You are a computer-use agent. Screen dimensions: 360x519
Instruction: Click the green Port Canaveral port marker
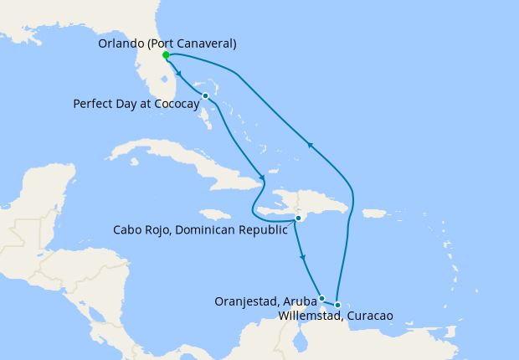click(x=166, y=55)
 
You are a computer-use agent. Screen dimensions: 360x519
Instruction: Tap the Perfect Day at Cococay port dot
click(x=205, y=95)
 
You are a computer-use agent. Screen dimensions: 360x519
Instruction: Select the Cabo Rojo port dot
click(x=298, y=219)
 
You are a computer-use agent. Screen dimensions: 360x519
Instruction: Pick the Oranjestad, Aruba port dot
click(x=321, y=298)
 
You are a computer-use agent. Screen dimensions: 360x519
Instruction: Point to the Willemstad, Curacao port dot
click(x=337, y=305)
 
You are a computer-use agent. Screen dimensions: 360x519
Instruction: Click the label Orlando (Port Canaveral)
click(x=167, y=43)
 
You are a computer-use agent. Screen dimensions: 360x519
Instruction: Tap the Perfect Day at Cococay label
click(x=136, y=104)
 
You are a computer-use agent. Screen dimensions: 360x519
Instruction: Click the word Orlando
click(x=121, y=43)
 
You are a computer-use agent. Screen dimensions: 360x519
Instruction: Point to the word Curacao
click(x=368, y=316)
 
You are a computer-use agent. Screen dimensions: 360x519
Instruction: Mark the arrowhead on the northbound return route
click(x=310, y=146)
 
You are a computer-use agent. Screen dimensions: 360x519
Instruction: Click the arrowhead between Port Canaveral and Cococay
click(x=181, y=73)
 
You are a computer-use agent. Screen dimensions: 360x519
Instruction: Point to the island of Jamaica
click(x=215, y=214)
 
